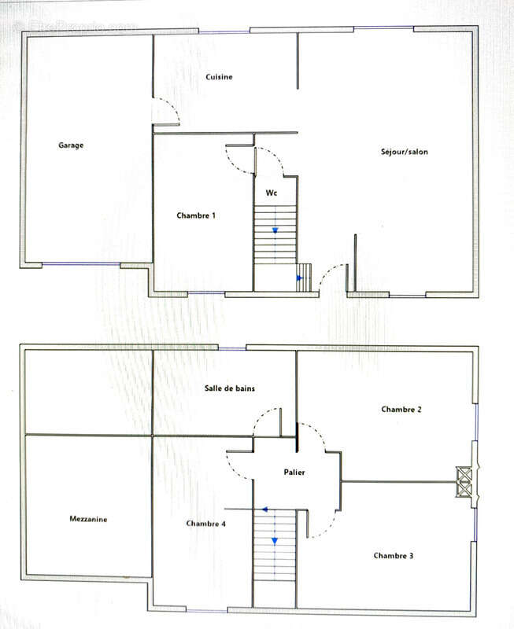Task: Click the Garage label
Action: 71,145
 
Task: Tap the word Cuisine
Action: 219,76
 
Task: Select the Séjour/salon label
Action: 405,152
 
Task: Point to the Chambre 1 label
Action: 196,215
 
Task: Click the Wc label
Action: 272,193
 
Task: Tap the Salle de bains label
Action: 230,388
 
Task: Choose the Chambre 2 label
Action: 401,409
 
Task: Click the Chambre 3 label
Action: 394,556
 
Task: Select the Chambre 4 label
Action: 206,524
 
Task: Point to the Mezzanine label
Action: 88,519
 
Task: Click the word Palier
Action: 294,473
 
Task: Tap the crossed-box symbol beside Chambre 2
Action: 464,481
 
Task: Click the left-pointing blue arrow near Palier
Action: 265,509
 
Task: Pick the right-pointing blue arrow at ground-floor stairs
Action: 300,278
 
